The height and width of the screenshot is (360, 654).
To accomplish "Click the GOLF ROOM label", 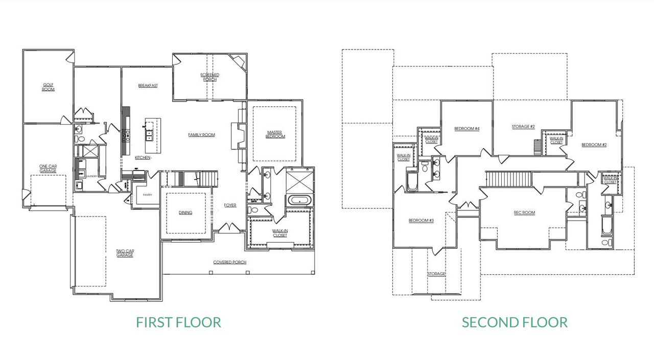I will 48,87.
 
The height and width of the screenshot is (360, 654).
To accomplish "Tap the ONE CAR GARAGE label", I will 48,168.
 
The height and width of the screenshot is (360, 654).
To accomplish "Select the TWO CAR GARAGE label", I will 125,253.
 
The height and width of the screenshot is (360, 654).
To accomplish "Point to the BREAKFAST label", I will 148,86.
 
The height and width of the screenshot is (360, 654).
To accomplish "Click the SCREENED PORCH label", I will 209,77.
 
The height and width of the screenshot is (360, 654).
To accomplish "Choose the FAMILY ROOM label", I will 201,135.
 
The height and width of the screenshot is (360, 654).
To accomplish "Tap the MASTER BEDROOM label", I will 275,135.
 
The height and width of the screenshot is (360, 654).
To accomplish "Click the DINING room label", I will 185,212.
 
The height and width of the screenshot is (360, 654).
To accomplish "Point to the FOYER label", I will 230,205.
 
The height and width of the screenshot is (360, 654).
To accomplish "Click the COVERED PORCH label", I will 230,262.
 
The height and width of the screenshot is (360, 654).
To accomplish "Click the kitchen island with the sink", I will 152,135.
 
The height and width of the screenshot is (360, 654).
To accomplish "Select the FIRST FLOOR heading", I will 178,323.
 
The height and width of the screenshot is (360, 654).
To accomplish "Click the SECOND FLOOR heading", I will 515,323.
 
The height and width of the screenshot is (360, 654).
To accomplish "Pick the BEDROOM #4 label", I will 467,129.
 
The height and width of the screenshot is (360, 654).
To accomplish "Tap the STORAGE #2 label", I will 523,127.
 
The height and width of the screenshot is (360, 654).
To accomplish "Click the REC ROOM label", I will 524,212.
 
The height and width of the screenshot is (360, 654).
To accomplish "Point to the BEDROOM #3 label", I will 421,221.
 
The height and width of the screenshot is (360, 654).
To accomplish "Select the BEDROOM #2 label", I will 594,145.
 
